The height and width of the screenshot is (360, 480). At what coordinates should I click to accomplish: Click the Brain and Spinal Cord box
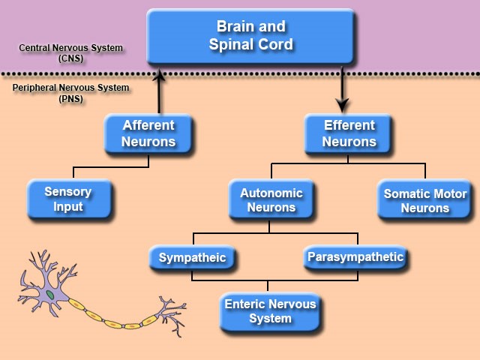point(250,35)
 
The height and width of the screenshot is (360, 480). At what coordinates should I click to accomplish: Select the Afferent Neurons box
point(148,133)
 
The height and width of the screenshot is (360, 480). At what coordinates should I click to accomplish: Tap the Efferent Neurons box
point(349,133)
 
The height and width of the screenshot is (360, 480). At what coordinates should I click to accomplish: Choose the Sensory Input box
point(68,199)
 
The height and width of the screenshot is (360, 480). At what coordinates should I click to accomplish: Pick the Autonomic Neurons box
point(271,199)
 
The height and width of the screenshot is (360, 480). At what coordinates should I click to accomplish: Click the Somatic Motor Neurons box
point(424,200)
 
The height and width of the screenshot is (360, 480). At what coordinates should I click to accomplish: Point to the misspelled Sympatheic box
point(192,259)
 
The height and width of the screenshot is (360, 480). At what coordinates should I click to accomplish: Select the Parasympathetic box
point(355,257)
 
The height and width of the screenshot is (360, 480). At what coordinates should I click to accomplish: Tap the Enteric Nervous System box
point(270,311)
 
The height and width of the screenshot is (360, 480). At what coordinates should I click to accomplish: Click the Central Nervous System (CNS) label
point(71,53)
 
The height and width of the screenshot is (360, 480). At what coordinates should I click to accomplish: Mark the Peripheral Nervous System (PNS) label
point(71,93)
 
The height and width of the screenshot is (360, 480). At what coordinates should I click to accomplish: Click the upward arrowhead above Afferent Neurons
point(159,75)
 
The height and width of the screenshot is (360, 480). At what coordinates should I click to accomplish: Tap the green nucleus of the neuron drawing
point(51,295)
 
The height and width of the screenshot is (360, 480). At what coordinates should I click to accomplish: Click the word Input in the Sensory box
point(68,206)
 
